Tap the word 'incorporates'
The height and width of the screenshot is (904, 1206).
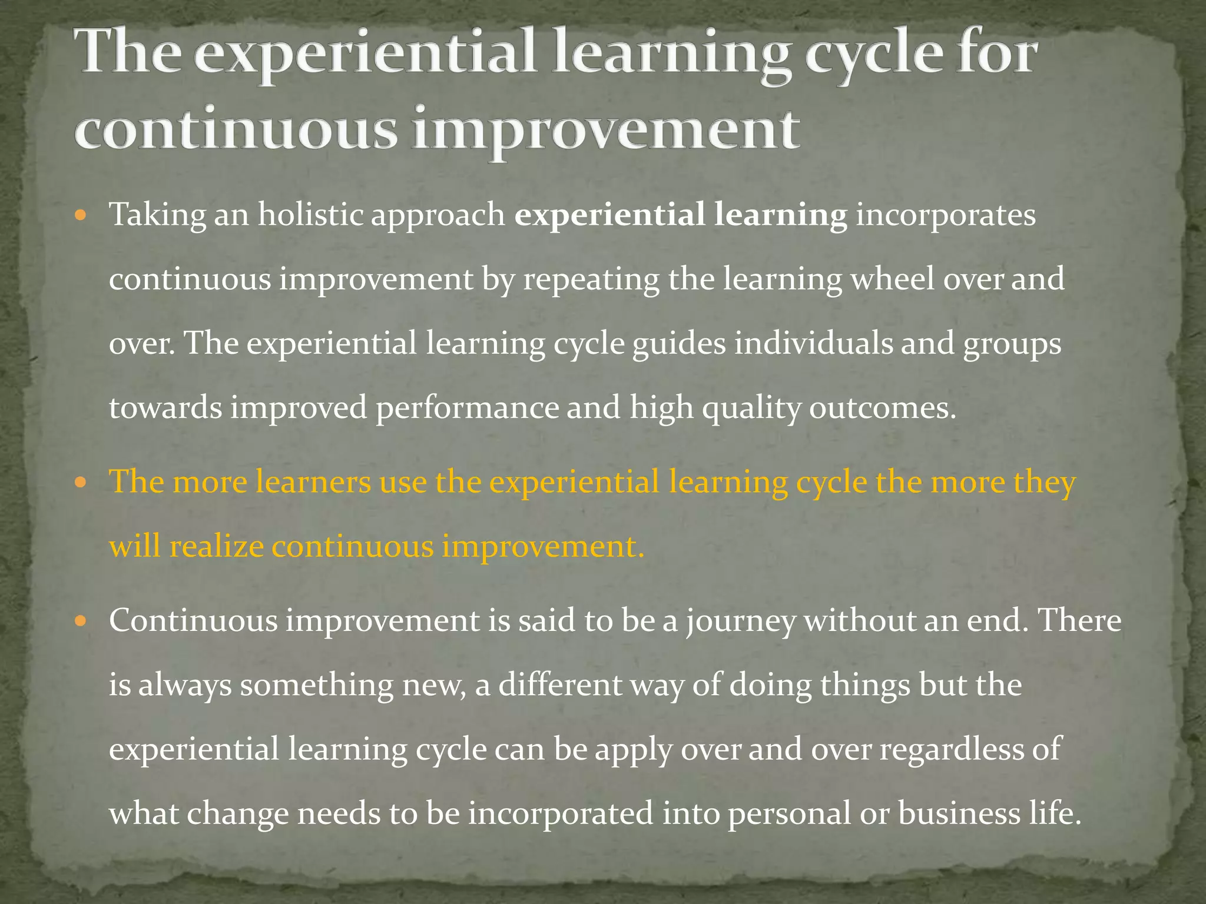click(945, 215)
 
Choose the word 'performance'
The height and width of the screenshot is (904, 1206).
click(468, 408)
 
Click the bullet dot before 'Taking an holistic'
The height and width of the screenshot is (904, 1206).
click(81, 214)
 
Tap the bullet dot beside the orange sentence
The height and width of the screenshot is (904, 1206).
click(81, 483)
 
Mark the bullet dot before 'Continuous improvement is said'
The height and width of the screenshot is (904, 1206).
click(81, 621)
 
